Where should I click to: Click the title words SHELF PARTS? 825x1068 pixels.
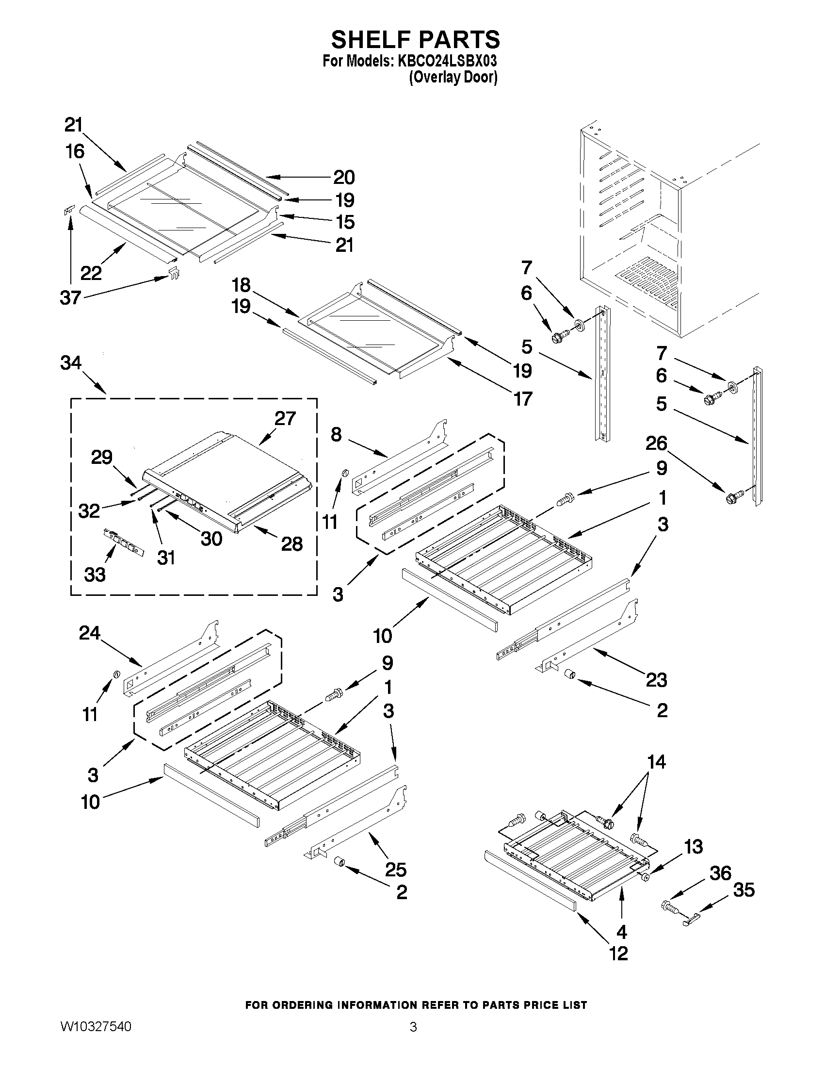click(416, 40)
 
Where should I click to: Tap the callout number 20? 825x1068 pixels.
click(343, 178)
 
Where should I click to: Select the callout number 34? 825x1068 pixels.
click(71, 363)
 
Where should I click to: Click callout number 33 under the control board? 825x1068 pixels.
click(95, 575)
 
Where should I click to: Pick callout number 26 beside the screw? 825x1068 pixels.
click(656, 443)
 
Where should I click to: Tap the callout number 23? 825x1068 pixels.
click(656, 680)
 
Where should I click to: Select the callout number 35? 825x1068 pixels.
click(744, 890)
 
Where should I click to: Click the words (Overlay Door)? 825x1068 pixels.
click(453, 77)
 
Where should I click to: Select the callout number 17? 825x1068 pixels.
click(522, 399)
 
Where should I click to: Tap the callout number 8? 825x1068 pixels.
click(336, 434)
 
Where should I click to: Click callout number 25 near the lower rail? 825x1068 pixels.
click(395, 870)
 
